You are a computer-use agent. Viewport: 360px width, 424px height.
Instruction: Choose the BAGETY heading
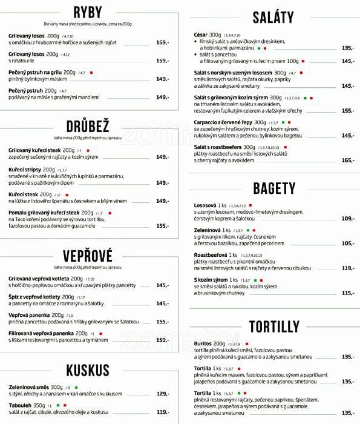tap(273, 188)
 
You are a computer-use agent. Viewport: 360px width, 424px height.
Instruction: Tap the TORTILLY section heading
tap(273, 326)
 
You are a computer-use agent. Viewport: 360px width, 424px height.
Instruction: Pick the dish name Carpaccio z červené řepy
tap(222, 122)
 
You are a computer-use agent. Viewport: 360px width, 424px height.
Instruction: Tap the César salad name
tap(201, 35)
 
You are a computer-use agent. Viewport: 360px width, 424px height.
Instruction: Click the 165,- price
tap(347, 160)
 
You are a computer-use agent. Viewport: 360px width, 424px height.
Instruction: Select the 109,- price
tap(347, 218)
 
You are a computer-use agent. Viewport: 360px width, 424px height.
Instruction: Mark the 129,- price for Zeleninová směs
tap(163, 393)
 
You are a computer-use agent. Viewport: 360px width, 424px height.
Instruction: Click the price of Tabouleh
tap(163, 412)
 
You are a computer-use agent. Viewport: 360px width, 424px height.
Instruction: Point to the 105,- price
tap(347, 243)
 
